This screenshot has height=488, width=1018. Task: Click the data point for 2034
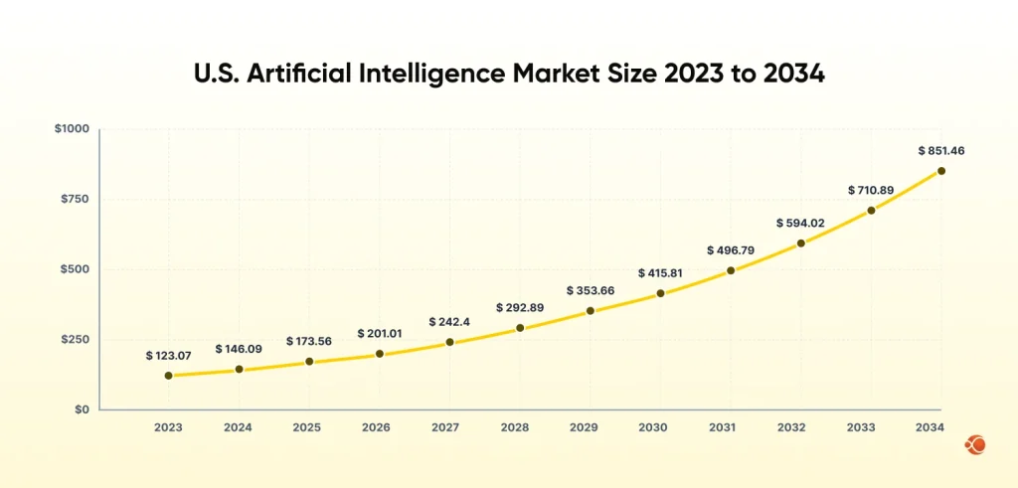(x=941, y=171)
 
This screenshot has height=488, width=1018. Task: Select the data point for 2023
(x=168, y=376)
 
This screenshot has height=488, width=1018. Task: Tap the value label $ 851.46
(x=940, y=151)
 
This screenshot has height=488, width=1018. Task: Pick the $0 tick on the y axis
(x=82, y=409)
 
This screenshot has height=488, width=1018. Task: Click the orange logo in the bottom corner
(x=975, y=444)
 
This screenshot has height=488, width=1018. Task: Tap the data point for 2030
(x=660, y=293)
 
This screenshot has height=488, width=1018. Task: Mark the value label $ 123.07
(x=168, y=356)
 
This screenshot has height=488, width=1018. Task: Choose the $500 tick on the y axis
(x=76, y=269)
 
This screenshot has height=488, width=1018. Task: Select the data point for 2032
(x=800, y=243)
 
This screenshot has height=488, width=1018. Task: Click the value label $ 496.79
(x=731, y=249)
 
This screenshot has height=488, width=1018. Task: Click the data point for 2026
(x=379, y=354)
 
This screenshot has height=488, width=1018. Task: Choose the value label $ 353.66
(x=590, y=290)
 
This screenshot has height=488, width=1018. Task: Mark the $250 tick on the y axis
(x=76, y=340)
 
